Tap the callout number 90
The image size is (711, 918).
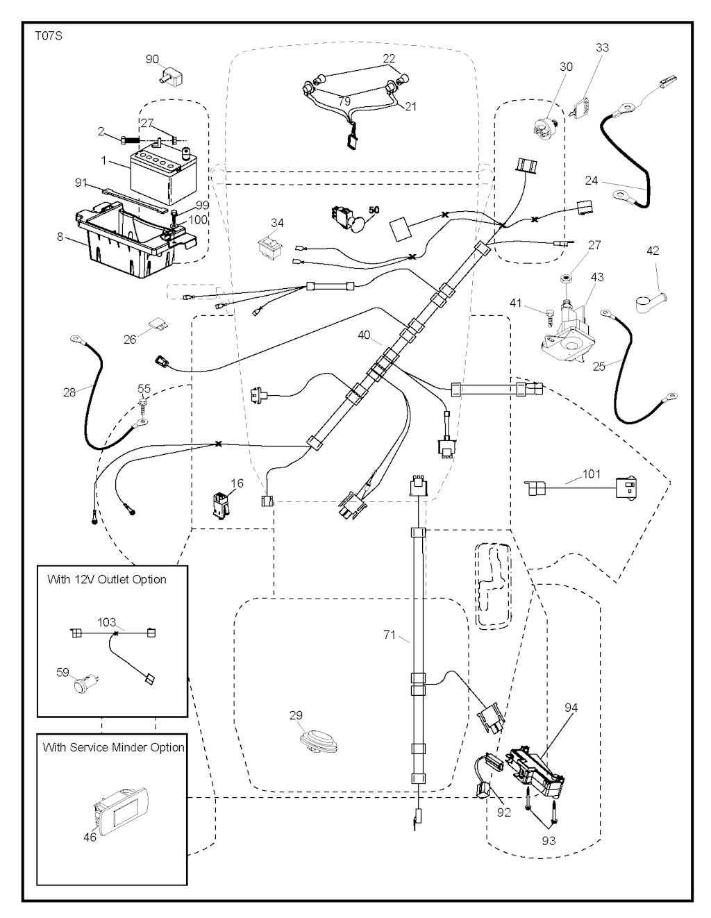(152, 59)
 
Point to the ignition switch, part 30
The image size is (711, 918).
(547, 129)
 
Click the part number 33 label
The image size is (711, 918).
(602, 47)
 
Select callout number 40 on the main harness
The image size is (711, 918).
(364, 335)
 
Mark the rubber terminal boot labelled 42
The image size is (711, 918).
(650, 300)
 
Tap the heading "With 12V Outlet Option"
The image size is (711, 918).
(107, 579)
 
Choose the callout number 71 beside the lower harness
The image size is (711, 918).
(390, 634)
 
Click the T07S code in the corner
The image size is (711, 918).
(48, 35)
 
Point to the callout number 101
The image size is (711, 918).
(592, 474)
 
